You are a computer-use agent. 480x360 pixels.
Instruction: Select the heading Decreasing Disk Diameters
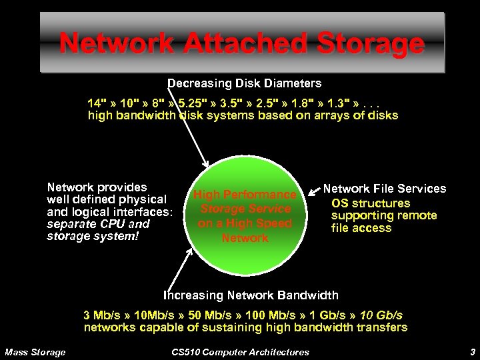(x=244, y=83)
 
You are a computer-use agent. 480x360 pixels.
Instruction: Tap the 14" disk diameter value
(x=97, y=105)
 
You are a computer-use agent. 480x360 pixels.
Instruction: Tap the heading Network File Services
(x=385, y=189)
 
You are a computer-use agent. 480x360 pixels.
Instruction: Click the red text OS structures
(x=371, y=203)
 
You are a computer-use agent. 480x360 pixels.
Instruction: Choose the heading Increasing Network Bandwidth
(x=251, y=295)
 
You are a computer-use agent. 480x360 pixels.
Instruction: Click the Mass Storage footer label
(x=35, y=351)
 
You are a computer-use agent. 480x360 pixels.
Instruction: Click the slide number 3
(x=472, y=351)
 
